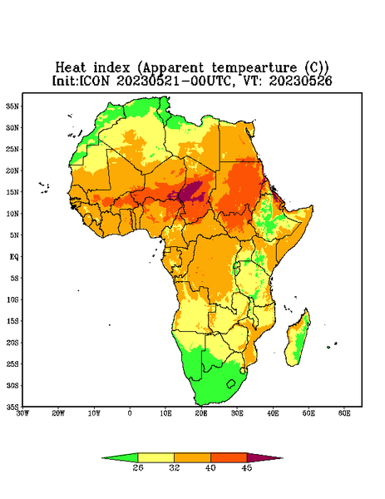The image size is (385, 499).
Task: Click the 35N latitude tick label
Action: (13, 106)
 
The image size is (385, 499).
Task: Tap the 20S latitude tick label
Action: (13, 343)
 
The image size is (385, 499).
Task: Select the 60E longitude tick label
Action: (344, 413)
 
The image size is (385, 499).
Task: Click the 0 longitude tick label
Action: (130, 413)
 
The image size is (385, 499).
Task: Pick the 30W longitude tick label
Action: (22, 413)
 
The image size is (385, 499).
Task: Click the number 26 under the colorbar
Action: (138, 467)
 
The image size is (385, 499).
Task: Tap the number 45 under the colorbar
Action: (247, 467)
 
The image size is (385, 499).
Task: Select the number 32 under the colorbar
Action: (175, 467)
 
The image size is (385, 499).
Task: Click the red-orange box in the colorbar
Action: (229, 457)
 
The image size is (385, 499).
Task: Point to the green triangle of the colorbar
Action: (121, 457)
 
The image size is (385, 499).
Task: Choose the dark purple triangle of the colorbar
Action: (264, 457)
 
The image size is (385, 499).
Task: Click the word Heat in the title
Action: (71, 67)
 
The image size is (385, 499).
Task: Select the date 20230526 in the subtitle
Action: (301, 81)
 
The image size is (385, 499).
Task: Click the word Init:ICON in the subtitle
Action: (81, 81)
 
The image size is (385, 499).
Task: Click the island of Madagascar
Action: (299, 338)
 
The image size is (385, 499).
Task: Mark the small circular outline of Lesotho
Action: (231, 383)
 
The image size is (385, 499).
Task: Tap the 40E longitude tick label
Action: (273, 413)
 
